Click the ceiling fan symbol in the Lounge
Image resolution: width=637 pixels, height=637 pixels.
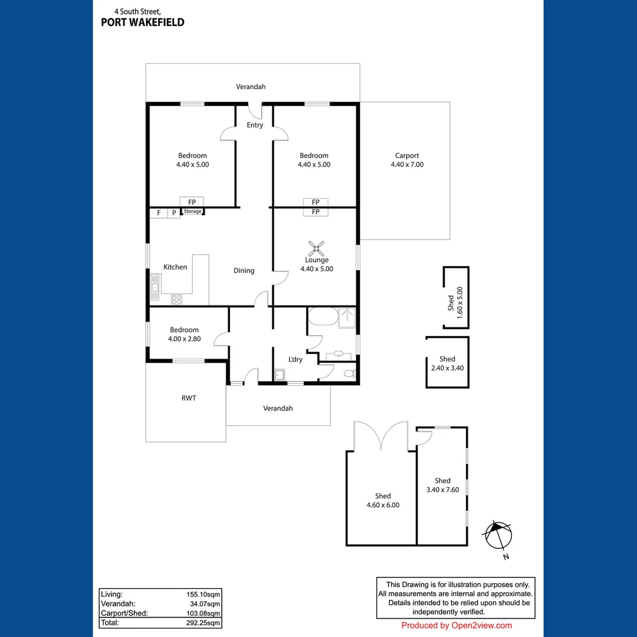tap(317, 248)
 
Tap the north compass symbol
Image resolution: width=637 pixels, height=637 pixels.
tap(498, 536)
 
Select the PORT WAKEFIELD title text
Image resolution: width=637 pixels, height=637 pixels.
tap(143, 22)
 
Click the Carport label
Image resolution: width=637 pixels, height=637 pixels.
tap(407, 156)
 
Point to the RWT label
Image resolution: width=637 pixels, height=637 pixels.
tap(189, 398)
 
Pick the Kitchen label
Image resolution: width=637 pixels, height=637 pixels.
tap(175, 267)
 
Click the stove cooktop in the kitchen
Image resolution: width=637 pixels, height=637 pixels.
tap(176, 299)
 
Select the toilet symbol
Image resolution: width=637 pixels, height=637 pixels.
tap(349, 373)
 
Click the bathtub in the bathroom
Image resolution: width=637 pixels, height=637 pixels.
tap(322, 317)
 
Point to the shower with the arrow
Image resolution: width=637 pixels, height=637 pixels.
tap(347, 317)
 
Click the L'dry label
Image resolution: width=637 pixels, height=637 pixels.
tap(295, 359)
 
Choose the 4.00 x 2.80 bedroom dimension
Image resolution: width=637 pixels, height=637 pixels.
tap(185, 339)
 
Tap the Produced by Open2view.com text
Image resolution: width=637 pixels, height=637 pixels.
tap(457, 626)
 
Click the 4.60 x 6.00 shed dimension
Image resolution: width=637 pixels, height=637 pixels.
tap(383, 505)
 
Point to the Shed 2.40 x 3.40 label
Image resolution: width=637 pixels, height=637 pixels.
tap(447, 363)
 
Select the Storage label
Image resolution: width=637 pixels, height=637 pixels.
tap(192, 211)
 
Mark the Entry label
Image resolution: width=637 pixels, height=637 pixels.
tap(255, 125)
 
